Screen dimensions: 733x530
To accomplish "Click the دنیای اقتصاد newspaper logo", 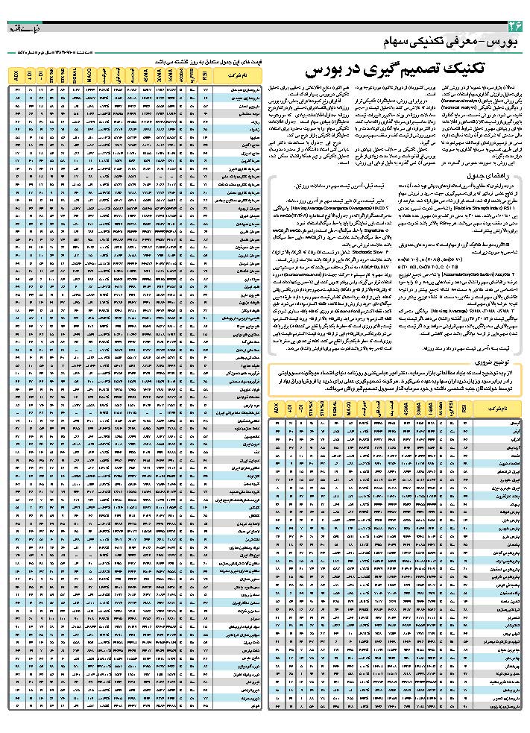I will pyautogui.click(x=19, y=28).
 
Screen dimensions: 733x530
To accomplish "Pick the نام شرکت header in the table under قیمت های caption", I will pyautogui.click(x=239, y=77).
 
